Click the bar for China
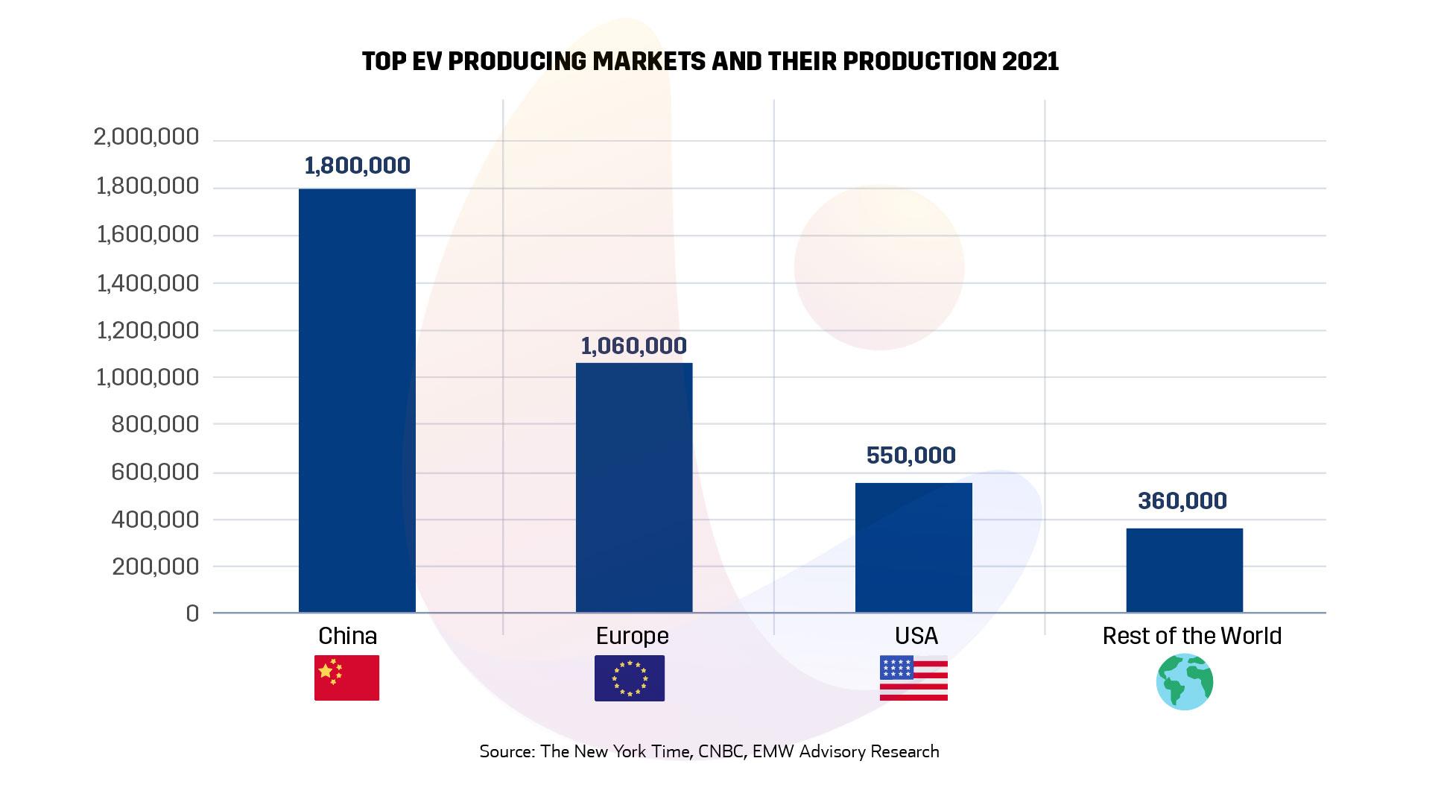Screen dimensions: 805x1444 point(357,400)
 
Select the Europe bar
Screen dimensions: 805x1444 point(634,487)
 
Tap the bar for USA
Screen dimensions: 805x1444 point(913,548)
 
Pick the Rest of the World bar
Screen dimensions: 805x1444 point(1184,570)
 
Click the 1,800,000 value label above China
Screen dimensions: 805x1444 point(357,165)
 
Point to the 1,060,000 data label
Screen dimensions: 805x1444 point(634,346)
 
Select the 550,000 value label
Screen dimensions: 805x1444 point(911,455)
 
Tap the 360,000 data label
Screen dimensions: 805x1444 point(1182,501)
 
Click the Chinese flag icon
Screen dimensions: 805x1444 point(346,678)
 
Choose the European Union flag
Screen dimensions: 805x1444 point(630,678)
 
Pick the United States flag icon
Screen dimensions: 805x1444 point(913,678)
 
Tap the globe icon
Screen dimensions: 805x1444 point(1185,681)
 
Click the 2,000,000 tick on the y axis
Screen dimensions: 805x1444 point(146,137)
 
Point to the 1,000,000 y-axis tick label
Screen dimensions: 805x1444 point(146,377)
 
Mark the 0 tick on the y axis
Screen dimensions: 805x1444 point(192,613)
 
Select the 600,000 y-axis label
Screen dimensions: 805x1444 point(155,472)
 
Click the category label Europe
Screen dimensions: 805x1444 point(633,636)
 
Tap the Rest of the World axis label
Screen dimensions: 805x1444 point(1191,636)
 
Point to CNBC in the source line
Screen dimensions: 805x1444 point(722,751)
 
